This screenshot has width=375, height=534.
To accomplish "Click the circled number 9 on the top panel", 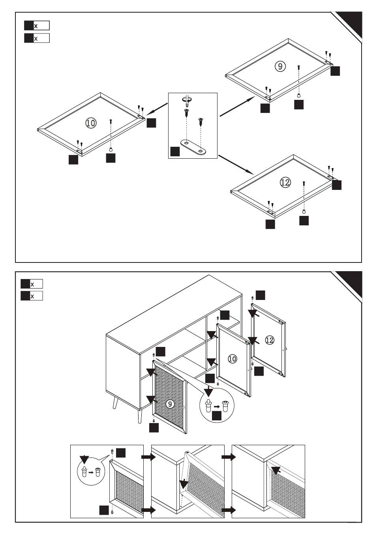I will pos(280,66).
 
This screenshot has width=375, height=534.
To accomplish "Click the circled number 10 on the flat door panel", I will pos(91,123).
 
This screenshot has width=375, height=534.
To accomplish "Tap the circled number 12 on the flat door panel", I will pos(285,182).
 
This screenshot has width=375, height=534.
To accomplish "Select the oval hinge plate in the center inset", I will pos(193,146).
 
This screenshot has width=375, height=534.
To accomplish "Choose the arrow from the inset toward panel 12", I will pos(236,164).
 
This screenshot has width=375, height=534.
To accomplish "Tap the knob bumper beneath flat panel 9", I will pos(299,95).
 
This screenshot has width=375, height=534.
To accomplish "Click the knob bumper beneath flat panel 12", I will pos(304,211).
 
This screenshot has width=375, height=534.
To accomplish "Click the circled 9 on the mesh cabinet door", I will pos(169,404).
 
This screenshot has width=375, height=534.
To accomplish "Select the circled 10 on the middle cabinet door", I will pos(232,359).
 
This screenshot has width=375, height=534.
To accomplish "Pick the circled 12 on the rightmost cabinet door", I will pos(270,339).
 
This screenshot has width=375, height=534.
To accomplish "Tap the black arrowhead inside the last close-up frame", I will pos(277,470).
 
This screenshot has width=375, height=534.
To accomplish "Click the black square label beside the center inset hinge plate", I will pos(175,151).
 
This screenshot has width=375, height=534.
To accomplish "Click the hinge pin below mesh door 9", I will pos(153,420).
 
